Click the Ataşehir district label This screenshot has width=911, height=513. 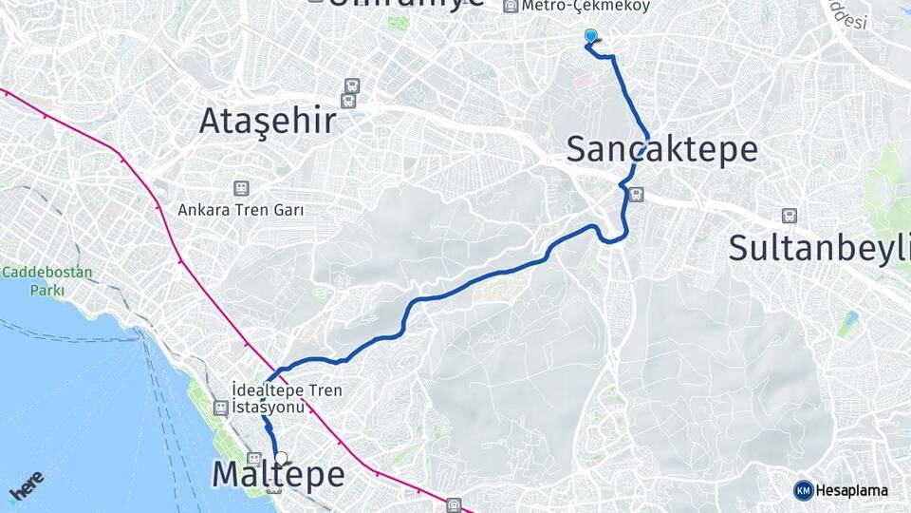click(268, 121)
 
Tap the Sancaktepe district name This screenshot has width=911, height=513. click(662, 149)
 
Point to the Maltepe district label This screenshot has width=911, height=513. click(278, 474)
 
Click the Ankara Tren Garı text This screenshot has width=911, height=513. click(241, 209)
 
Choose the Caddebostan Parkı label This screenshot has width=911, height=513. click(47, 280)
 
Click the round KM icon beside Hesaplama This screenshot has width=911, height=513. click(803, 490)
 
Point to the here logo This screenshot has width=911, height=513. click(26, 486)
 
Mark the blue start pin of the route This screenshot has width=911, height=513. click(591, 37)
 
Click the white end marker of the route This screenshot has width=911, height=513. click(281, 458)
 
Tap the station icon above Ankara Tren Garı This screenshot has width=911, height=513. click(241, 189)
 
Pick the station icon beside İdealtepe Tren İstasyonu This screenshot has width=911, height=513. click(221, 408)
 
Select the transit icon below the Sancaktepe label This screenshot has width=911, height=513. click(636, 196)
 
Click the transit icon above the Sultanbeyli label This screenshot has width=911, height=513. click(789, 216)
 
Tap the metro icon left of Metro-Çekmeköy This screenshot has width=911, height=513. click(511, 6)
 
